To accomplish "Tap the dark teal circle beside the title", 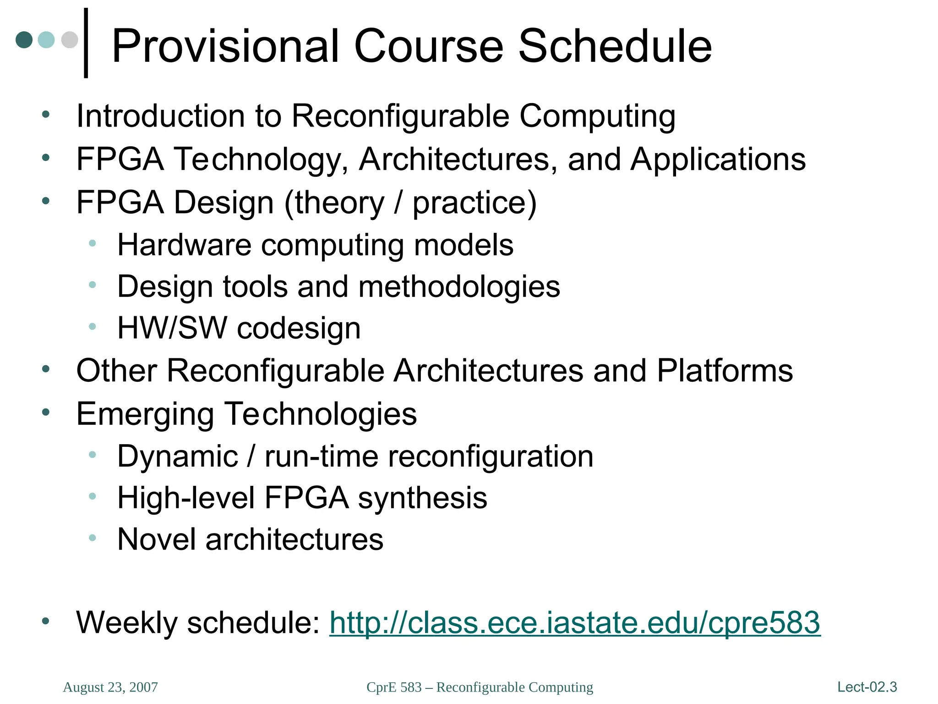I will click(24, 39).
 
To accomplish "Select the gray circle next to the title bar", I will click(70, 39).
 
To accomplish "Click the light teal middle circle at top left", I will click(46, 39).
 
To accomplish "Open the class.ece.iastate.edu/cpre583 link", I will click(574, 622).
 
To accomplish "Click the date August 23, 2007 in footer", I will click(110, 687).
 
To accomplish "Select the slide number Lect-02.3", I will click(867, 687).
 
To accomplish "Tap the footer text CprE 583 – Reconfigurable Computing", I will click(480, 687).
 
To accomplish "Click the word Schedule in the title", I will click(615, 46).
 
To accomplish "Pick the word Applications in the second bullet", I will click(718, 159).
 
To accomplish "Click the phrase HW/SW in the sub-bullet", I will click(172, 328).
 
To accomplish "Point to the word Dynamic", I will click(178, 456).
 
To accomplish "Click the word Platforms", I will click(725, 370).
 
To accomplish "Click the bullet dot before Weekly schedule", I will click(45, 621).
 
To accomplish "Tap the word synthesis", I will click(422, 498).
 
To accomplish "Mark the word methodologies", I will click(459, 286).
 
